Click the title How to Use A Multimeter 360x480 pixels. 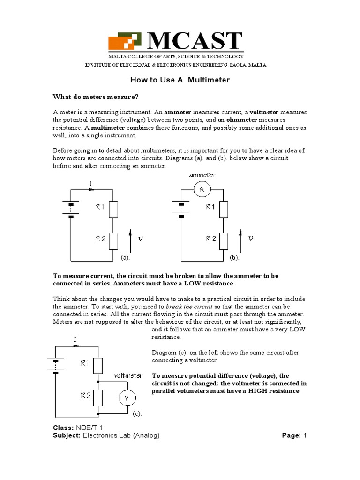click(180, 80)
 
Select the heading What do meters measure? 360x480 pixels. click(96, 97)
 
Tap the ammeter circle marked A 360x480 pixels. click(202, 189)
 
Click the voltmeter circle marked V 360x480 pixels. click(126, 398)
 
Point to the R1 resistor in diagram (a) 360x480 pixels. click(113, 210)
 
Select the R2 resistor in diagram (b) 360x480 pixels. click(224, 241)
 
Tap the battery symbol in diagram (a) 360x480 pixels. click(70, 210)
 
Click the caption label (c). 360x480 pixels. click(136, 414)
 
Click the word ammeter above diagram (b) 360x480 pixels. click(202, 175)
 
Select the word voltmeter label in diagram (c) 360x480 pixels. click(128, 375)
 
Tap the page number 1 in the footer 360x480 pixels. click(305, 435)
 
